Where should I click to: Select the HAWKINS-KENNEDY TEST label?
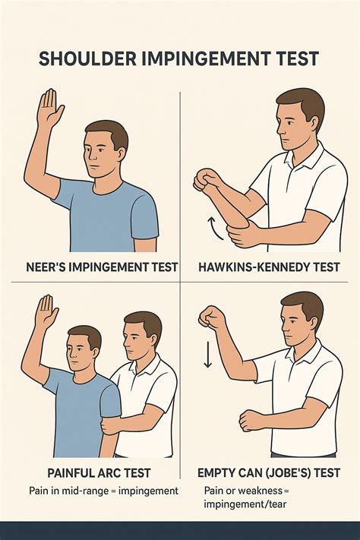tap(269, 267)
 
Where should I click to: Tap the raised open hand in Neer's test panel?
tap(49, 109)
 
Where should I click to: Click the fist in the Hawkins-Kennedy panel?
tap(206, 180)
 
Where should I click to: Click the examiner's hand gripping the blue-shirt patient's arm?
tap(112, 423)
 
